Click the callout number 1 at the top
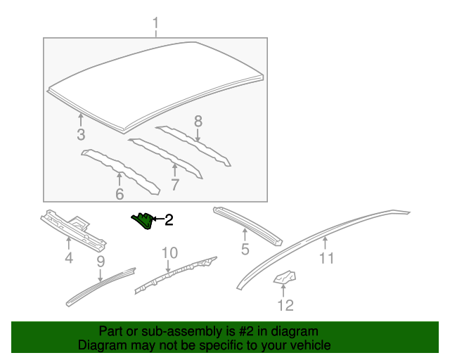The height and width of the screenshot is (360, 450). point(156,27)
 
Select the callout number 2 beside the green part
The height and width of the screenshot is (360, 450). point(168,221)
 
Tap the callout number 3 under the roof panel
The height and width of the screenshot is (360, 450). point(81,134)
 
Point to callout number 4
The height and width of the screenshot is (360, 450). point(68,259)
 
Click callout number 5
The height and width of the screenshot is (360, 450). point(245,249)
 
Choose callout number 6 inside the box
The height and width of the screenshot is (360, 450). point(120,193)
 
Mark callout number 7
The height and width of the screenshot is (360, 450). point(174,185)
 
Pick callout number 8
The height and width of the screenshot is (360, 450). point(198,121)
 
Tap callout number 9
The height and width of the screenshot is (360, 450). point(101,262)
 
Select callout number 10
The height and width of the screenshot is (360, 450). point(169,252)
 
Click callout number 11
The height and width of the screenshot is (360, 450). point(326,258)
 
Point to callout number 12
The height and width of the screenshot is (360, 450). point(285,304)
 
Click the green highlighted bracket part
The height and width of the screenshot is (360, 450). point(143,221)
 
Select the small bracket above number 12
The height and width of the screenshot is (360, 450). point(284,279)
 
